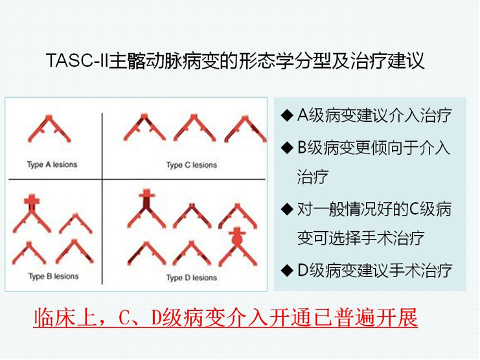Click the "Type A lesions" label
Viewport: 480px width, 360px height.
pos(52,164)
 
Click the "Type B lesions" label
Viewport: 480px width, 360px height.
pos(54,276)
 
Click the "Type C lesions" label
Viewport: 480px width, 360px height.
pos(192,165)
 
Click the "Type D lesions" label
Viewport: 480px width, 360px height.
pos(192,278)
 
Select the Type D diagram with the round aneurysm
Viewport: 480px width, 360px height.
pos(238,248)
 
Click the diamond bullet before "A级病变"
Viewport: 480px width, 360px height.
pos(287,116)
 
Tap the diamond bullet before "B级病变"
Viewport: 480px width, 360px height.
pos(287,148)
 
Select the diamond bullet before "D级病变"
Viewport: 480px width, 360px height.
pos(287,271)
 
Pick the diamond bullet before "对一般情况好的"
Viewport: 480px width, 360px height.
pos(287,209)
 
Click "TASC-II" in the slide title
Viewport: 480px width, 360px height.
pos(77,61)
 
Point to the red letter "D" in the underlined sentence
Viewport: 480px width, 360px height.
pos(156,318)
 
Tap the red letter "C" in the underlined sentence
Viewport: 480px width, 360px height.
pos(124,318)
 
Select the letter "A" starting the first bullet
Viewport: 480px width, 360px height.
pos(303,116)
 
